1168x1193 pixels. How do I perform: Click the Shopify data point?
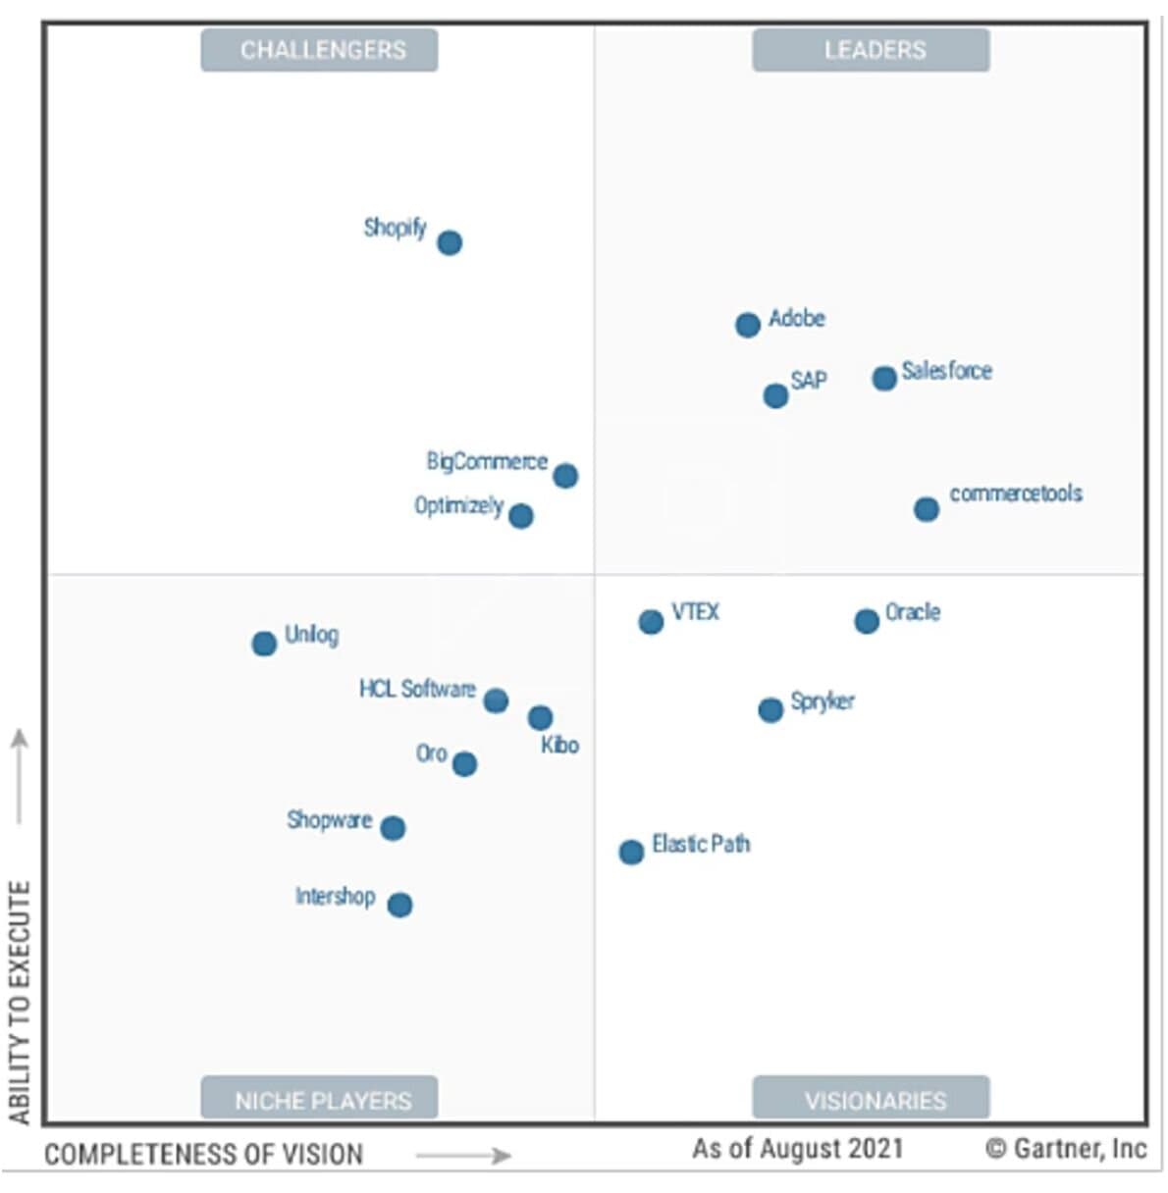(450, 242)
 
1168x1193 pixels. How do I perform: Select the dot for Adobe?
(748, 325)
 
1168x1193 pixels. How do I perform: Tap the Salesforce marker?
(884, 378)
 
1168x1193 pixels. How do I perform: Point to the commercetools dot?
(927, 509)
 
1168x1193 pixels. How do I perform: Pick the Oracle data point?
(867, 621)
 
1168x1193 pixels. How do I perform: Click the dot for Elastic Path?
(631, 852)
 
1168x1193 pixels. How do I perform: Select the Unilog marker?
(264, 644)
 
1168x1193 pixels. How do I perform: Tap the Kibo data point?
(540, 718)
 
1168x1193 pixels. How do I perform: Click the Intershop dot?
(399, 905)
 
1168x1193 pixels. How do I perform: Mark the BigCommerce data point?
(565, 476)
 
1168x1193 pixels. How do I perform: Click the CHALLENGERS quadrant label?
(320, 50)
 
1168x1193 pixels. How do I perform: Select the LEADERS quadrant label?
(872, 50)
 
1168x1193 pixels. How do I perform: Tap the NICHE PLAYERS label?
(320, 1100)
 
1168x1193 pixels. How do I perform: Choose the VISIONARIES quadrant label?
(872, 1100)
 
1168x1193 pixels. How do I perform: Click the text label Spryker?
(823, 701)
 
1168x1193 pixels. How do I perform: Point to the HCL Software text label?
(417, 689)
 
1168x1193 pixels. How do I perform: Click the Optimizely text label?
(458, 505)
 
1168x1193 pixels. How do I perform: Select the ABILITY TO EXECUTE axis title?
(20, 1001)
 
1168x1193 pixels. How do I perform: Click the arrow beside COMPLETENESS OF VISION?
(463, 1156)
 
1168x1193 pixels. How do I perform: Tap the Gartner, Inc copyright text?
(1066, 1148)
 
